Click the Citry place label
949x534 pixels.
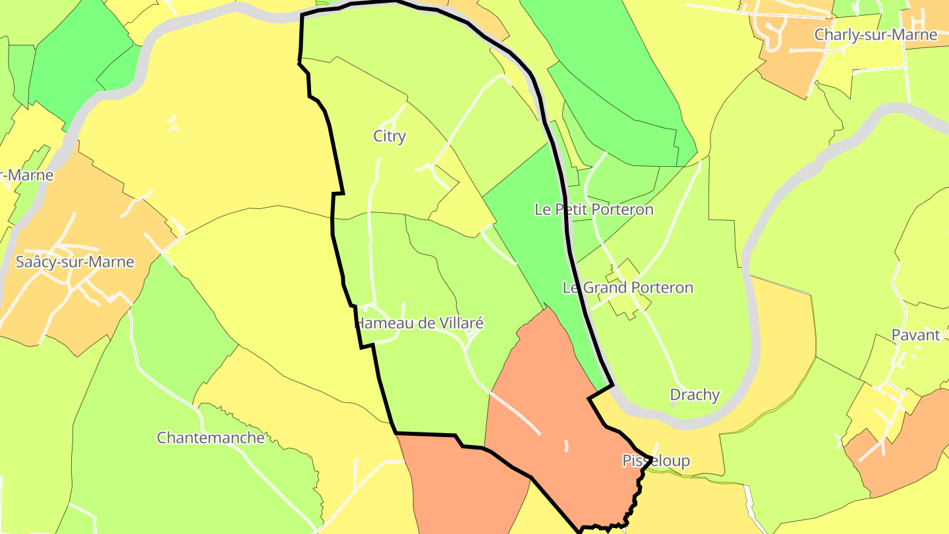pos(389,136)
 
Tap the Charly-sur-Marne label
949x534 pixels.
pos(875,35)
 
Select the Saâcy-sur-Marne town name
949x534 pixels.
pos(74,262)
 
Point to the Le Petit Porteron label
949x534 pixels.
pos(594,210)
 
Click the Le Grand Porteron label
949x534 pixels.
pos(627,287)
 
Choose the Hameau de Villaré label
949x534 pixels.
pos(419,323)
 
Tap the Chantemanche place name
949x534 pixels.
pos(210,438)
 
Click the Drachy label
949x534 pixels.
pos(695,395)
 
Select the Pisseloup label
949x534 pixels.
pos(656,461)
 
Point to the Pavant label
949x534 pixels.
pos(915,335)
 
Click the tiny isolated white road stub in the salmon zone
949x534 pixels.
pos(566,446)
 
